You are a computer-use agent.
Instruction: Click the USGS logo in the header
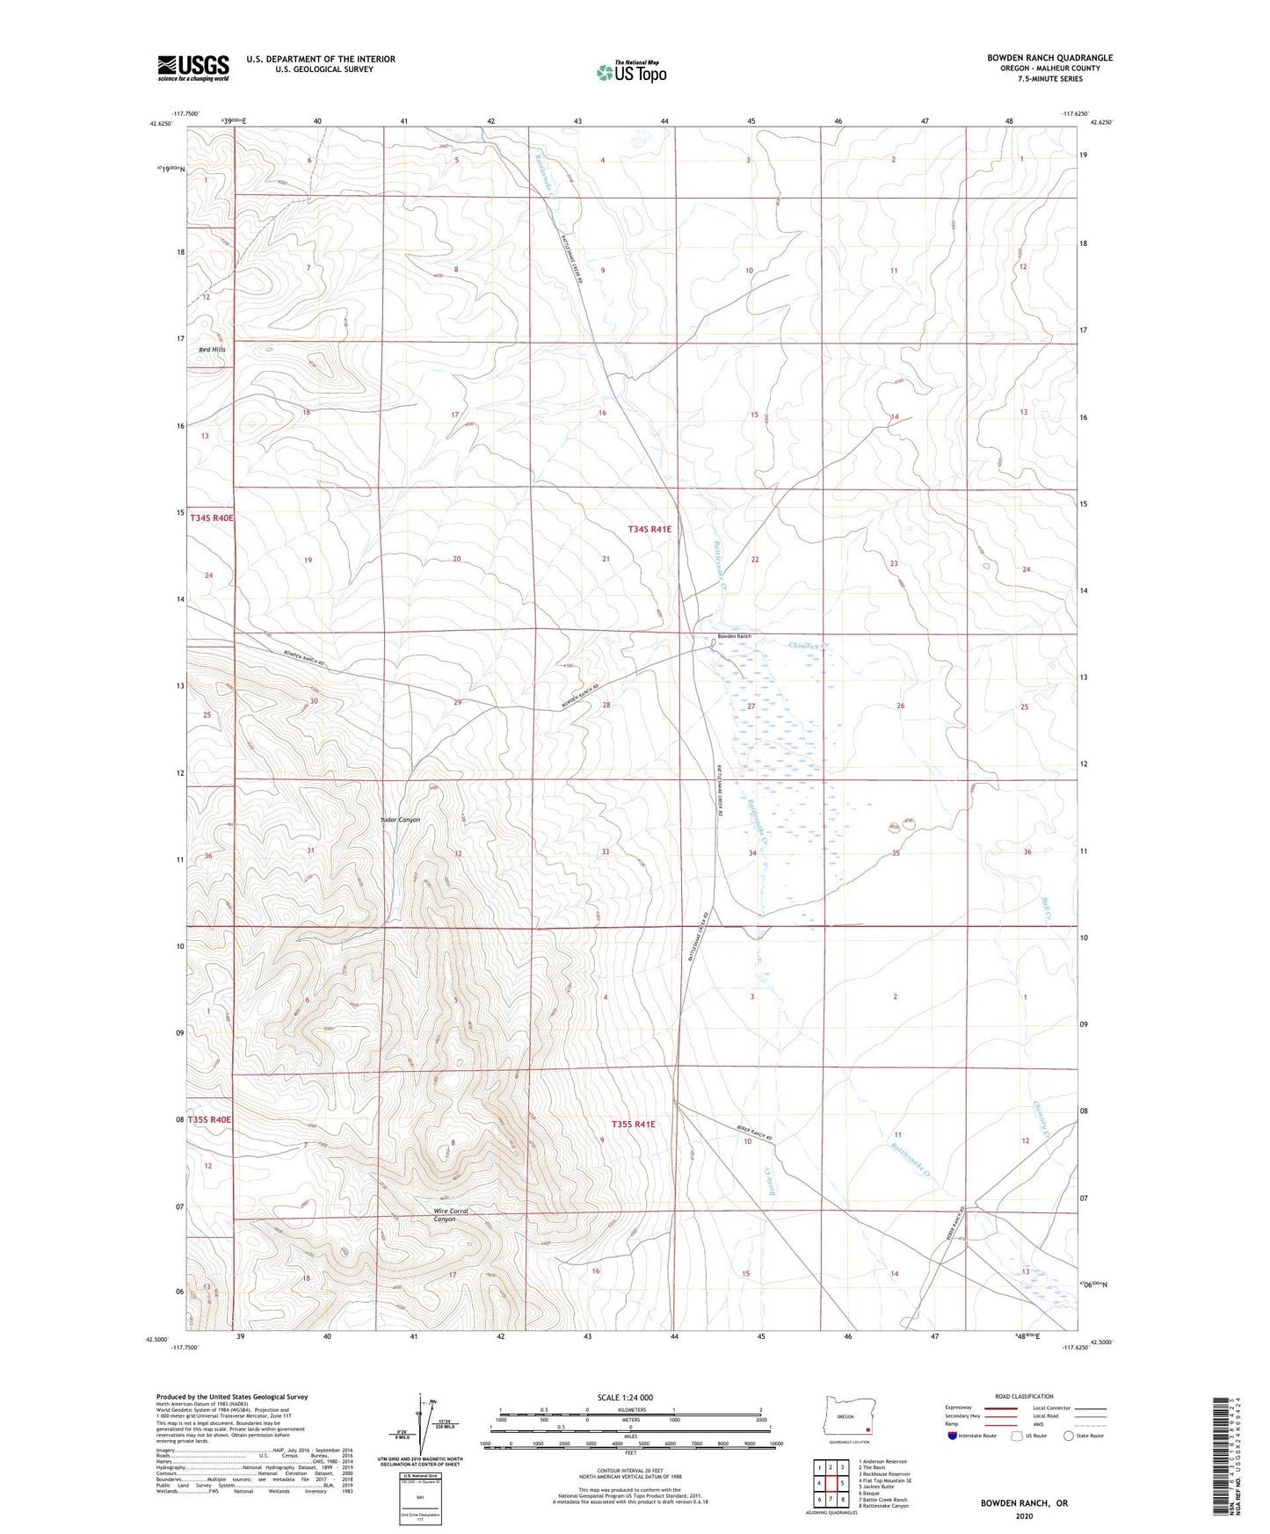tap(193, 68)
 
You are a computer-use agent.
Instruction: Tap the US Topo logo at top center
tap(630, 72)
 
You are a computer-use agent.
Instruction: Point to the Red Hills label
tap(212, 350)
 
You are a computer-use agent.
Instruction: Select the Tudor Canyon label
tap(400, 820)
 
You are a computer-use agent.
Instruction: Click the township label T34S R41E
tap(650, 529)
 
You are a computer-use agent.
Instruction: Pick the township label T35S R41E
tap(633, 1125)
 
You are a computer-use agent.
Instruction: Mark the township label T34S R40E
tap(212, 518)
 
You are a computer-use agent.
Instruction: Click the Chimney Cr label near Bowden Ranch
tap(809, 646)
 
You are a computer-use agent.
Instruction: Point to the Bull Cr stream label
tap(1047, 908)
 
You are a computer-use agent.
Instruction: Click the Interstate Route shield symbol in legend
tap(954, 1436)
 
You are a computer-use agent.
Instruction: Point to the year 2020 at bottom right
tap(1024, 1516)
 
